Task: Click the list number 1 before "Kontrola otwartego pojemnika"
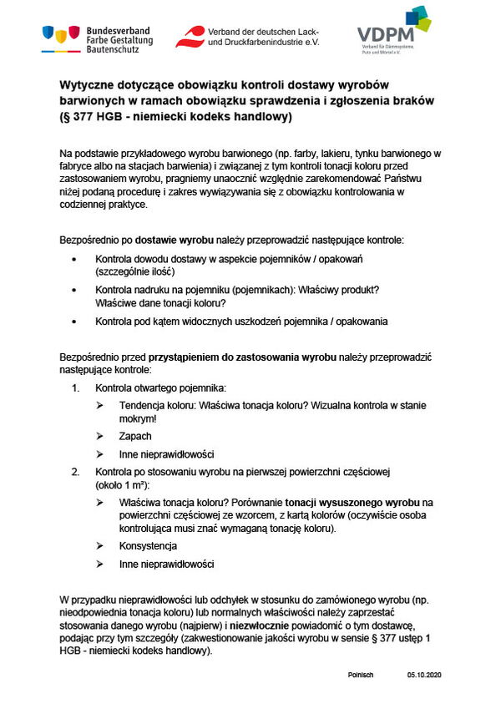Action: (x=75, y=388)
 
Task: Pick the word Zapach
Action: (x=135, y=436)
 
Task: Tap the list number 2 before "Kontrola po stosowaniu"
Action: (x=75, y=473)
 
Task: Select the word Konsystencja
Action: (x=148, y=545)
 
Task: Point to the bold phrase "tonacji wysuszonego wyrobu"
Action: (x=352, y=503)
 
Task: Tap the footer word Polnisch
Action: (x=361, y=674)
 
